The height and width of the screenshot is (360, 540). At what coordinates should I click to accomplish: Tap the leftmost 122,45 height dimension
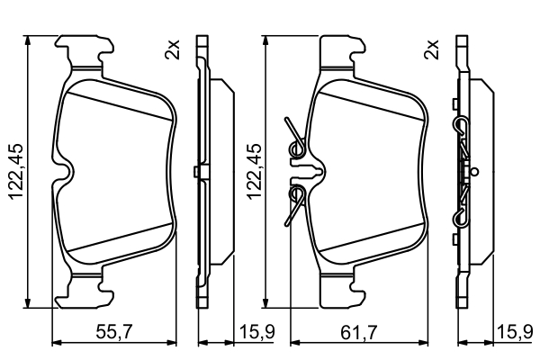click(x=16, y=171)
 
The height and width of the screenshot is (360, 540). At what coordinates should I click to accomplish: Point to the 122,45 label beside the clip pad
click(x=254, y=171)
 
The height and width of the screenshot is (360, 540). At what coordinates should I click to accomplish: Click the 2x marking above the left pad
click(x=172, y=49)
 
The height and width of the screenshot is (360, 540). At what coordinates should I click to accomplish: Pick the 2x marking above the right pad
click(x=432, y=49)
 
